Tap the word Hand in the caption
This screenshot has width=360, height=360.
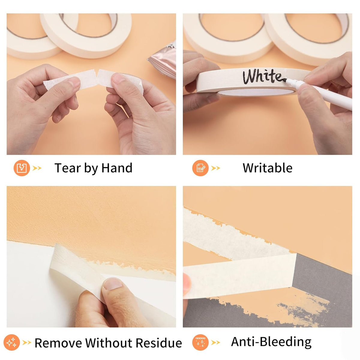point(117,168)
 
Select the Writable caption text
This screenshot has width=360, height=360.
point(268,168)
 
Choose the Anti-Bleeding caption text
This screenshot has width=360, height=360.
point(271,342)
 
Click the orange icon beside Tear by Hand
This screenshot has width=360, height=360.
point(22,168)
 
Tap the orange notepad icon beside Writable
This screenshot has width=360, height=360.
point(200,168)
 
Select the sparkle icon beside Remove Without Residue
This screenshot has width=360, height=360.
point(12,343)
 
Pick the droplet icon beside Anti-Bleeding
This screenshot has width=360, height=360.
point(200,343)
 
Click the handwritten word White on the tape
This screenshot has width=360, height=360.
point(263,76)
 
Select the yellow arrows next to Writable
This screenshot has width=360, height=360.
point(216,168)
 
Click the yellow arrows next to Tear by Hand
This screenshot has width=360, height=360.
point(37,168)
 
